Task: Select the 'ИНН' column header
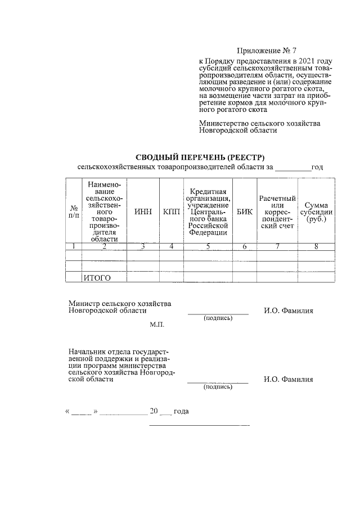[143, 211]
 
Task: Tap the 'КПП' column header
[172, 211]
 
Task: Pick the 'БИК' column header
[245, 211]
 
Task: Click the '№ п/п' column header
[73, 211]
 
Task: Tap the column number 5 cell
[208, 246]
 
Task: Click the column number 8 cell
[316, 246]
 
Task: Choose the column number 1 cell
[73, 246]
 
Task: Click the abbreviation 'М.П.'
[156, 325]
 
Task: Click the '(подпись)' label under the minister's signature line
[218, 318]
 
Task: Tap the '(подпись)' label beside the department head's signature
[218, 387]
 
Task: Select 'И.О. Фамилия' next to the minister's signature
[288, 310]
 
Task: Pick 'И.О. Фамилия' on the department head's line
[288, 379]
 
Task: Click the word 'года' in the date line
[181, 411]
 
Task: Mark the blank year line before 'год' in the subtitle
[292, 168]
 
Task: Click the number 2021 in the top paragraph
[304, 61]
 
